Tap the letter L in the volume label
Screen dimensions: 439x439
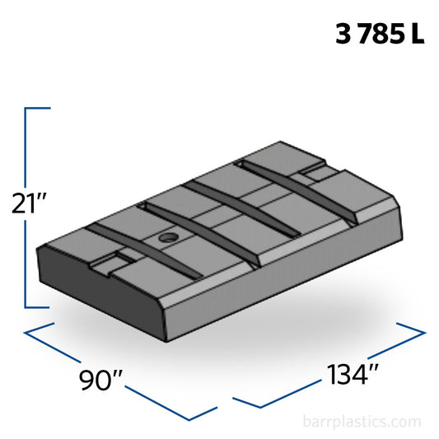click(418, 35)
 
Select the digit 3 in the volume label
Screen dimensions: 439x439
click(343, 35)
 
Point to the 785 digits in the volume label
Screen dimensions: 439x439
click(381, 35)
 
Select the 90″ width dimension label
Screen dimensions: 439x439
click(101, 381)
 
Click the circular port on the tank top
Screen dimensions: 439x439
click(168, 238)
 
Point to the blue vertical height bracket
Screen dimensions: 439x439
click(27, 206)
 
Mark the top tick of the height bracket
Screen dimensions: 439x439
click(39, 108)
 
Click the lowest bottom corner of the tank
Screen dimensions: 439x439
click(167, 340)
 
